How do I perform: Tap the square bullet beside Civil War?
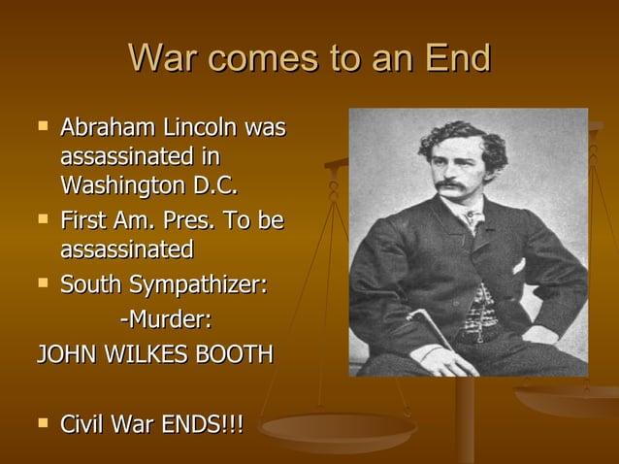click(41, 423)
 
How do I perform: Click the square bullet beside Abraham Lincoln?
click(41, 126)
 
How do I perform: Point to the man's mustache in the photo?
click(450, 184)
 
